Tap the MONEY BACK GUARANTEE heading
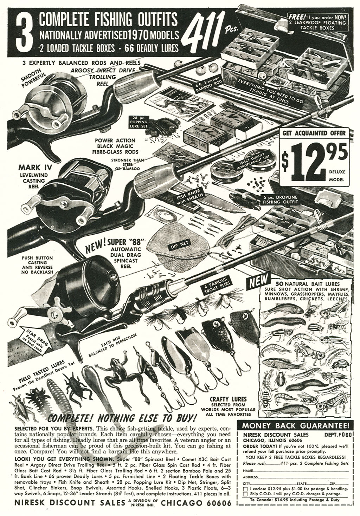coord(295,426)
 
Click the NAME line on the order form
coord(295,470)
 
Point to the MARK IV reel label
coord(34,167)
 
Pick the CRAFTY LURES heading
coord(228,399)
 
